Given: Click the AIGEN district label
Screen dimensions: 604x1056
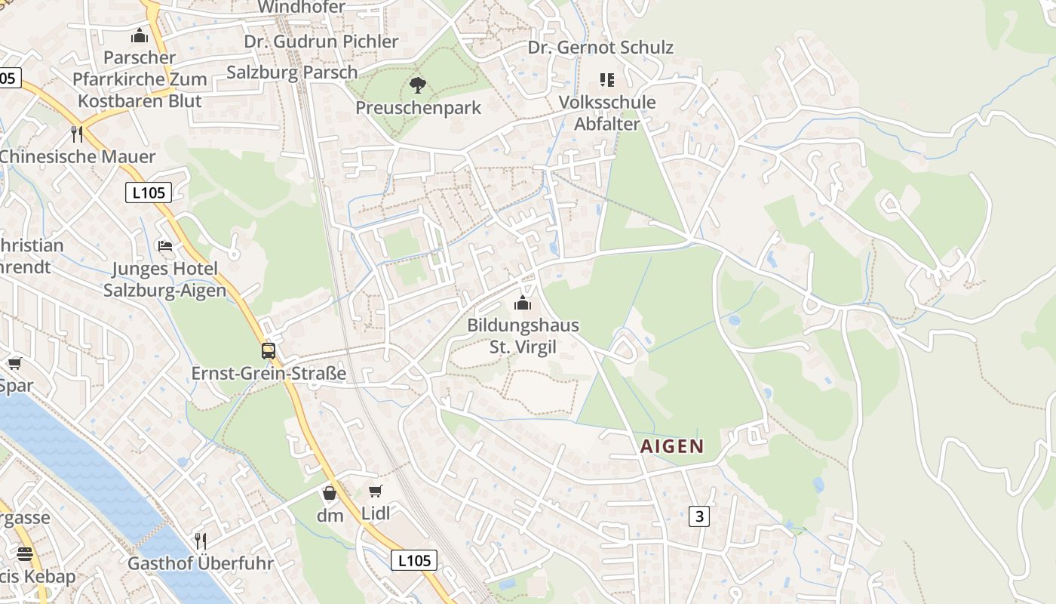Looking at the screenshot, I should pos(671,446).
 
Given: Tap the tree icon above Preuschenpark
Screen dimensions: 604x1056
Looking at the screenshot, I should pos(417,85).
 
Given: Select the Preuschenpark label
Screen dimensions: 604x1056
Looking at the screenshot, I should pos(418,108).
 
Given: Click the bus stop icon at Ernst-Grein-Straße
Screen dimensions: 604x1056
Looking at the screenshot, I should pos(269,350).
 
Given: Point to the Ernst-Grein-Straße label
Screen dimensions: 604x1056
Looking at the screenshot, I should pos(269,373).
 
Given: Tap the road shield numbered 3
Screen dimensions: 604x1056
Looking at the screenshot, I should pos(699,516).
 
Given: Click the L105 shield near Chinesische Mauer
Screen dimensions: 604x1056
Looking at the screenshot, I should pos(148,193).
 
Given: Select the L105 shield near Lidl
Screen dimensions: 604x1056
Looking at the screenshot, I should pos(414,560).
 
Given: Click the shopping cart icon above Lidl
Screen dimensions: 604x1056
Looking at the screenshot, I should pos(376,492).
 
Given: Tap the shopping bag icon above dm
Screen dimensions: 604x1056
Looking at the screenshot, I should pos(330,494).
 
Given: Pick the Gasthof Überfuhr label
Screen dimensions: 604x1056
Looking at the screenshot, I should pos(201,563).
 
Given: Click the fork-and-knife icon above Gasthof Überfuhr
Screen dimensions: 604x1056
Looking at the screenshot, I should pos(201,541).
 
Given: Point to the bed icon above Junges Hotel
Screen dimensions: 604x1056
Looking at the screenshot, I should pos(164,246).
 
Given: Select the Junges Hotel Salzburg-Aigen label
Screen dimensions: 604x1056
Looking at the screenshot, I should pos(164,279).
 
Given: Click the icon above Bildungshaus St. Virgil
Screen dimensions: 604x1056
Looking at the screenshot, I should pos(523,304).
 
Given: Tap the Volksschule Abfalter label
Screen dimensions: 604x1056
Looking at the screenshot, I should pos(607,112).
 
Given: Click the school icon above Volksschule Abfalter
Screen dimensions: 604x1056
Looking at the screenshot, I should pos(607,79).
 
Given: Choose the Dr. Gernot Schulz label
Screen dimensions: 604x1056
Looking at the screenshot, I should pos(600,48).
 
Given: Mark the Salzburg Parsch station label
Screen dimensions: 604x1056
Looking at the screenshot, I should pos(292,72).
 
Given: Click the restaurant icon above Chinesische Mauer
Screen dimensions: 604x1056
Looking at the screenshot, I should pos(76,134).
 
